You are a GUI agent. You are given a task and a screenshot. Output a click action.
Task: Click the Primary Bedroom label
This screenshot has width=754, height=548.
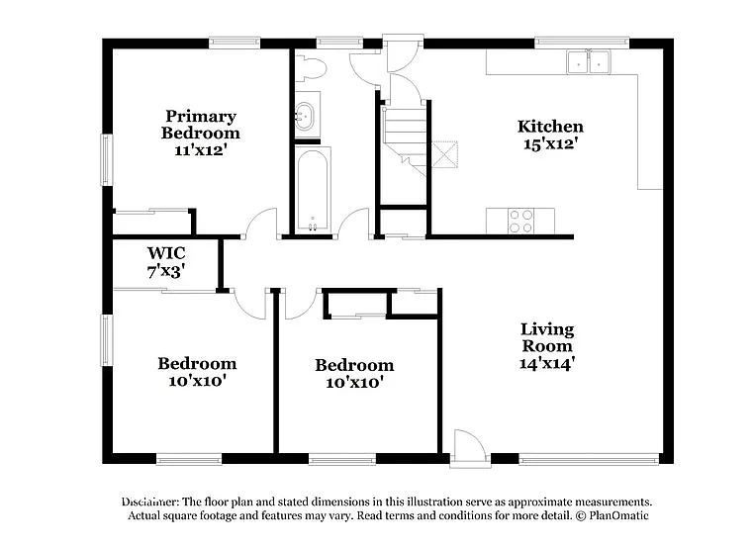click(201, 125)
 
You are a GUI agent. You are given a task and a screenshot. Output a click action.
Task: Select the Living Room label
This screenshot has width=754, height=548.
click(547, 337)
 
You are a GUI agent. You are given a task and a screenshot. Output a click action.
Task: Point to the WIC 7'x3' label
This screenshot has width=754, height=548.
click(166, 260)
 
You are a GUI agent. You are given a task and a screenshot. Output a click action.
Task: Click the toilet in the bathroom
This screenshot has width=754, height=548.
click(312, 68)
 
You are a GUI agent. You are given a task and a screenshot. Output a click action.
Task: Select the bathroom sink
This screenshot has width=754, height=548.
click(306, 115)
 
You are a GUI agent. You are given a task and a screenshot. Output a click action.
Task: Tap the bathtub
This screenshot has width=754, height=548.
click(313, 190)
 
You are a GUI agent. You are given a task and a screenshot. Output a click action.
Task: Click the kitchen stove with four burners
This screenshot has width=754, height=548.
click(520, 221)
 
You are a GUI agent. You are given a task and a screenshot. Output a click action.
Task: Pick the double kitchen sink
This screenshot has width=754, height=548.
click(588, 61)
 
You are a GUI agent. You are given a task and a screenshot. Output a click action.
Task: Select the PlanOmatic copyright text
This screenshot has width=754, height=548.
click(613, 516)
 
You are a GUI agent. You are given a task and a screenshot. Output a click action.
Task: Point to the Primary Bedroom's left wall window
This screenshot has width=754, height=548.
click(107, 159)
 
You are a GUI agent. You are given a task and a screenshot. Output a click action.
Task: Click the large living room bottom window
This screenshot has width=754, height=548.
click(589, 459)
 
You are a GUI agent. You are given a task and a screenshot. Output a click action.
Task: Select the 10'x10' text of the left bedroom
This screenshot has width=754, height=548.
click(197, 381)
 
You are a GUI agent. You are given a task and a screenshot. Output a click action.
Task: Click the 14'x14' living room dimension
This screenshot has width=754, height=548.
click(547, 363)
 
